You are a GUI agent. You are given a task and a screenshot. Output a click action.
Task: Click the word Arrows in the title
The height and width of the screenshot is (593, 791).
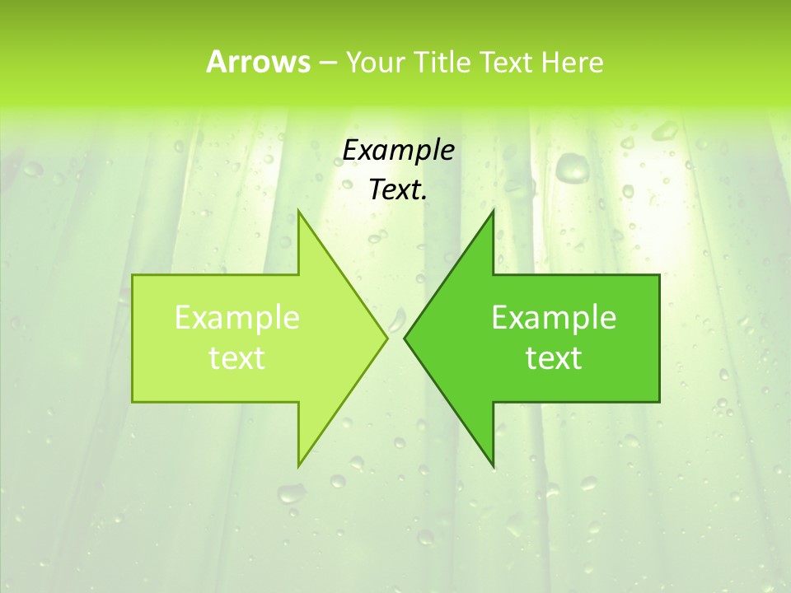(x=258, y=62)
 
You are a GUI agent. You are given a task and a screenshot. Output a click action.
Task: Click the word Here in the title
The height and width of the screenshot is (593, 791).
(x=572, y=62)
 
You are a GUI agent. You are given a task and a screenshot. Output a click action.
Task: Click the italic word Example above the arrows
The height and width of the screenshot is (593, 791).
(x=398, y=150)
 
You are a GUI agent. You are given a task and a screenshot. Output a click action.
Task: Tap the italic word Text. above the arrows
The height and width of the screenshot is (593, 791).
(x=398, y=190)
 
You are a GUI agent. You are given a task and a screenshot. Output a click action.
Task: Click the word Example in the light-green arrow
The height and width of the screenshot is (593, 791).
(x=237, y=317)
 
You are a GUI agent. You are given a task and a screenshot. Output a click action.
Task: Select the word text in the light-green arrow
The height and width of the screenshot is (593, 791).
(x=237, y=357)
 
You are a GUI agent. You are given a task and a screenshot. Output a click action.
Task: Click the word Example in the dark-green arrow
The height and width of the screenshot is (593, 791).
(x=554, y=317)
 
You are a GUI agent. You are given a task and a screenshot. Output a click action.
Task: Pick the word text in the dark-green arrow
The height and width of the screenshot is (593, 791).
(x=554, y=357)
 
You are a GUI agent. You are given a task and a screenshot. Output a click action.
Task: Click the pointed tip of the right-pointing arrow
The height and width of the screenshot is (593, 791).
(x=387, y=338)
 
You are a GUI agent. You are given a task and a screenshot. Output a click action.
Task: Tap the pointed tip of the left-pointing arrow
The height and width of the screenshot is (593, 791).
(x=405, y=338)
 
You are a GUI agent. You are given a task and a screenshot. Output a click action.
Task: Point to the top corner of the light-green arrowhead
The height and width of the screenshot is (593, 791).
(x=298, y=211)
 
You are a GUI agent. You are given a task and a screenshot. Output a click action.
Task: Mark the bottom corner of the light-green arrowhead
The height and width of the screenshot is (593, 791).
(x=298, y=466)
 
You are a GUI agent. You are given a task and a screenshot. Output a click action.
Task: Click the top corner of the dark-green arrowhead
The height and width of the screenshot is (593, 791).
(x=493, y=211)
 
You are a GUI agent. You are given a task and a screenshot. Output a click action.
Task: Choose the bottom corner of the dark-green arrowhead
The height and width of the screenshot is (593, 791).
(x=493, y=466)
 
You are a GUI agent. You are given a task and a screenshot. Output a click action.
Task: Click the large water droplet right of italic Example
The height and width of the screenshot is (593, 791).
(x=570, y=167)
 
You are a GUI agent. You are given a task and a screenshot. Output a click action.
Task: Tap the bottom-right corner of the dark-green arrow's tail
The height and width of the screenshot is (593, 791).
(x=659, y=402)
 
